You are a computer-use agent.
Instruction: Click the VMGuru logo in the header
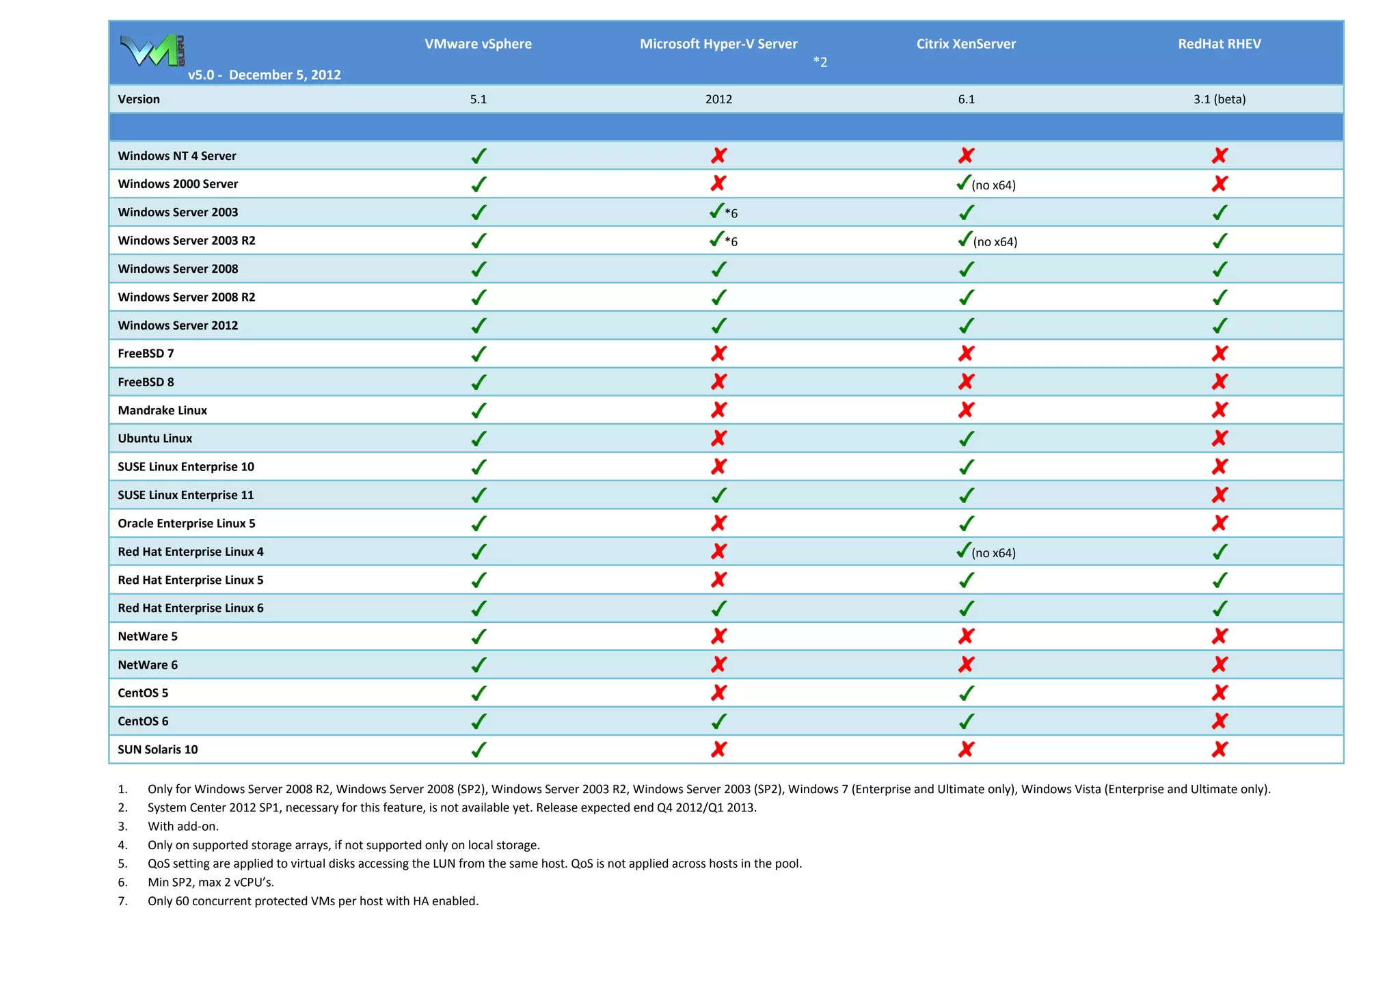coord(152,50)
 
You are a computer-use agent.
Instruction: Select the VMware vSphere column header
coord(478,44)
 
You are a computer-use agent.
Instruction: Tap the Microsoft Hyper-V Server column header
coord(718,44)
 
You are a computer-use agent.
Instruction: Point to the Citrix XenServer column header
coord(966,44)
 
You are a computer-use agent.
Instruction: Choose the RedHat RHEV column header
coord(1220,44)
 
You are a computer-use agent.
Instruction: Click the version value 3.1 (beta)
coord(1220,99)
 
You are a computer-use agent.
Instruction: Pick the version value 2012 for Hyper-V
coord(718,99)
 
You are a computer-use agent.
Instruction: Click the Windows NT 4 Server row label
coord(177,156)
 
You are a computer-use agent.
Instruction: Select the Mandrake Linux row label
coord(162,410)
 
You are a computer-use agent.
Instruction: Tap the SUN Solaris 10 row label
coord(158,749)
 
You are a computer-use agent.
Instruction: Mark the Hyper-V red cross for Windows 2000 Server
coord(718,183)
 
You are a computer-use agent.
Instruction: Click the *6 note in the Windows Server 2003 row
coord(731,213)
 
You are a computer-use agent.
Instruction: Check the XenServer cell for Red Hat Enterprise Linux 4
coord(986,552)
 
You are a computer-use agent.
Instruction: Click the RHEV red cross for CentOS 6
coord(1220,721)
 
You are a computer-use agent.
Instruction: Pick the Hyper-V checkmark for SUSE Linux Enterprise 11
coord(718,495)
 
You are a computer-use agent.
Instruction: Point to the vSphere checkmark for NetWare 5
coord(479,637)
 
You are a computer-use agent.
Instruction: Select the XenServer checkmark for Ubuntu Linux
coord(966,438)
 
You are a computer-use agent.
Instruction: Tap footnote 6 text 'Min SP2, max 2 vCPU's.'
coord(211,882)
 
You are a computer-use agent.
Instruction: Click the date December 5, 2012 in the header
coord(284,75)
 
